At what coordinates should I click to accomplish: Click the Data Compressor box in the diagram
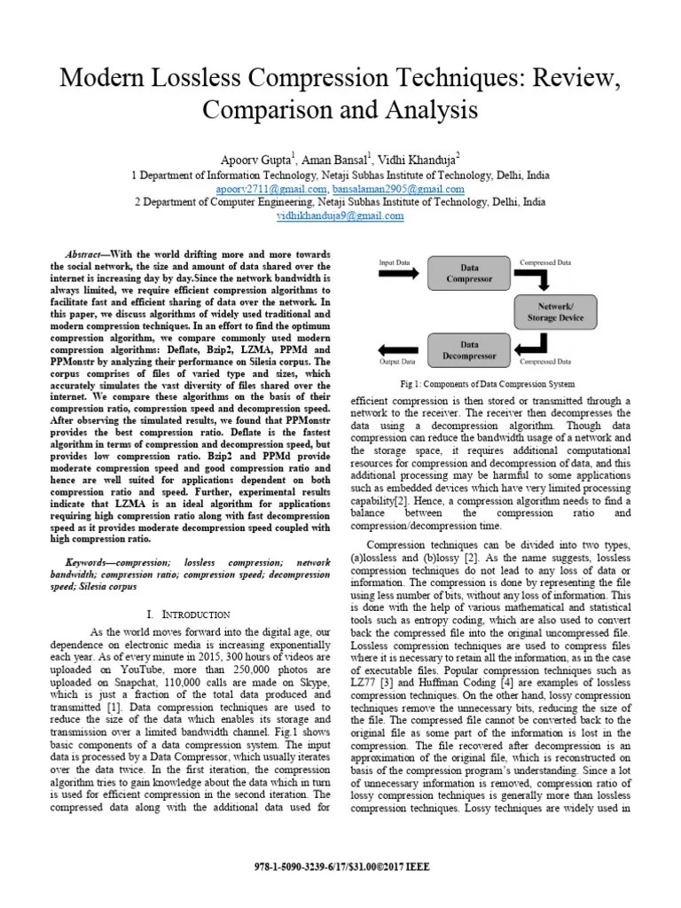(469, 271)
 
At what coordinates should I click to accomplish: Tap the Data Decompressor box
(469, 350)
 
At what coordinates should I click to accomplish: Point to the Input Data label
(395, 262)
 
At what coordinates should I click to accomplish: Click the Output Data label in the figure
(397, 361)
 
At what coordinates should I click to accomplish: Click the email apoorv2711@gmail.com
(272, 189)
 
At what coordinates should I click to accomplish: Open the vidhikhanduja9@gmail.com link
(340, 215)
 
